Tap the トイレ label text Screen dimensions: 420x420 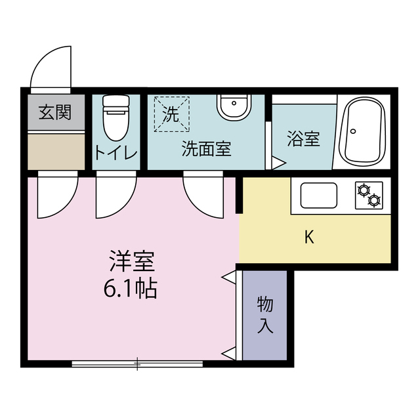(x=115, y=153)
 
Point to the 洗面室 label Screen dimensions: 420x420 (x=205, y=148)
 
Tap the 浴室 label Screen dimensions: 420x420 (x=303, y=139)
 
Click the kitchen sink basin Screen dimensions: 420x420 (x=318, y=195)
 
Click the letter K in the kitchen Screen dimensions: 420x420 (x=308, y=238)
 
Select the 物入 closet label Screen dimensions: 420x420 (x=264, y=314)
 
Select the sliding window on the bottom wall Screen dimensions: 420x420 (x=137, y=362)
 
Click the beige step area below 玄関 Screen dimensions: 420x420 (x=56, y=150)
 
